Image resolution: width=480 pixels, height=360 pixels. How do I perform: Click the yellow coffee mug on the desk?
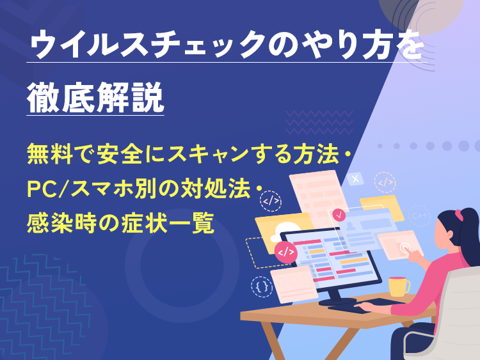tap(397, 286)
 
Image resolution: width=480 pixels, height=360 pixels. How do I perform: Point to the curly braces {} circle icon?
tap(262, 286)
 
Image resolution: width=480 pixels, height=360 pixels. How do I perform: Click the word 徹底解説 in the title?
tap(95, 97)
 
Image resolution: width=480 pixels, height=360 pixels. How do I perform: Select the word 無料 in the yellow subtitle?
tap(47, 153)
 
